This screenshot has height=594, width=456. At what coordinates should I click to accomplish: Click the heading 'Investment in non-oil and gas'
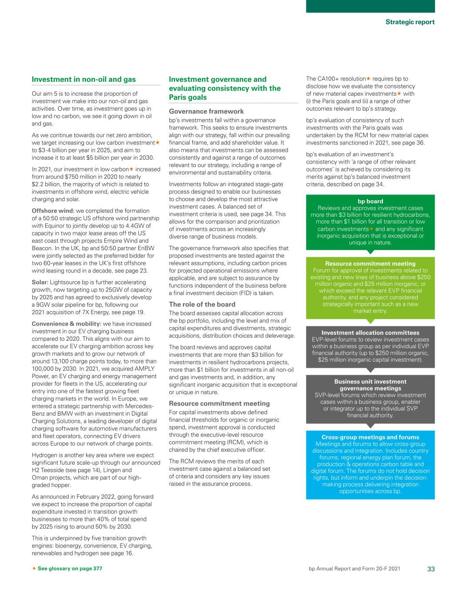(x=84, y=79)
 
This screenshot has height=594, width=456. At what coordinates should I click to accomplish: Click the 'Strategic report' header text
(x=410, y=22)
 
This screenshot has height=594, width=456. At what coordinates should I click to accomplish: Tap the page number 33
(x=431, y=569)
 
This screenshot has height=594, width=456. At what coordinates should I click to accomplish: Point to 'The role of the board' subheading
(x=202, y=304)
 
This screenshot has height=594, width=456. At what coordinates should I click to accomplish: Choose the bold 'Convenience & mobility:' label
(x=66, y=324)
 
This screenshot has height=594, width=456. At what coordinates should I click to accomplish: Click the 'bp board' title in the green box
(x=370, y=201)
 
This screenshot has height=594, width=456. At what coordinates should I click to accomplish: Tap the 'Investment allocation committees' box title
(x=370, y=332)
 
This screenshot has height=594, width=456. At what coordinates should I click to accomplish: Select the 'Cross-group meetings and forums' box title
(x=370, y=437)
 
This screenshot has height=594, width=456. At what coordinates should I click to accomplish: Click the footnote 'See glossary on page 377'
(x=70, y=569)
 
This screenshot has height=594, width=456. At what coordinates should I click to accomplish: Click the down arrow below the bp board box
(x=370, y=252)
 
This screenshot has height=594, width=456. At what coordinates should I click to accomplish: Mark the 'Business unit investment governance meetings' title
(x=370, y=385)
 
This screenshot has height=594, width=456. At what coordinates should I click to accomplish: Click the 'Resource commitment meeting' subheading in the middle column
(x=219, y=403)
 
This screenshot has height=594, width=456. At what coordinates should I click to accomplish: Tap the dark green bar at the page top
(x=370, y=6)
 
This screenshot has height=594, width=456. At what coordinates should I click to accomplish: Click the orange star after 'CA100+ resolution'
(x=368, y=79)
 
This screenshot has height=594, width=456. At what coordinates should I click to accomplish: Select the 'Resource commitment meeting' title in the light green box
(x=370, y=264)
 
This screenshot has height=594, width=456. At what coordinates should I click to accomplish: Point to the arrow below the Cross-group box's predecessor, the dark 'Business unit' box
(x=370, y=426)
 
